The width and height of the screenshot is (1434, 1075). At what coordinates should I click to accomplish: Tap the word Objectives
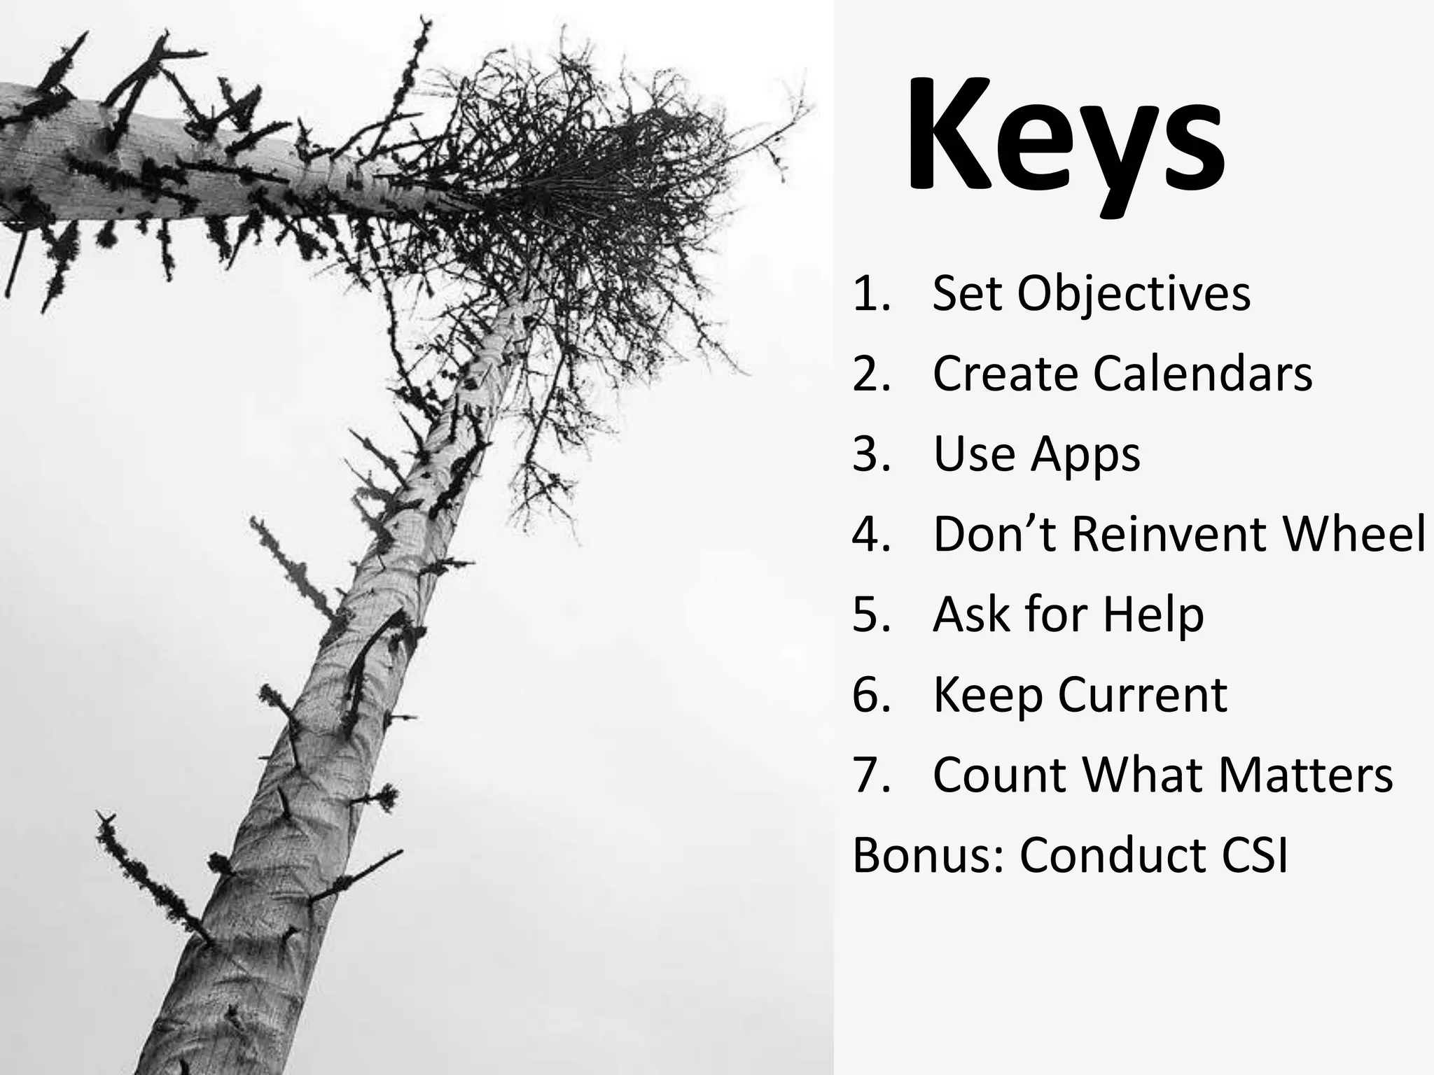click(x=1133, y=294)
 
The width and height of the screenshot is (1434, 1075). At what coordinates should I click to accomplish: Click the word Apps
click(x=1085, y=455)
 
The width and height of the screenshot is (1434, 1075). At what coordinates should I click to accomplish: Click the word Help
click(x=1153, y=615)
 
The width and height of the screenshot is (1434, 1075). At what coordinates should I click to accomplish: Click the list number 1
click(x=871, y=294)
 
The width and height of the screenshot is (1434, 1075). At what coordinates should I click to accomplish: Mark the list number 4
click(x=871, y=535)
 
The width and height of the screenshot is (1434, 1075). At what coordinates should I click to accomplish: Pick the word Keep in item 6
click(x=988, y=696)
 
